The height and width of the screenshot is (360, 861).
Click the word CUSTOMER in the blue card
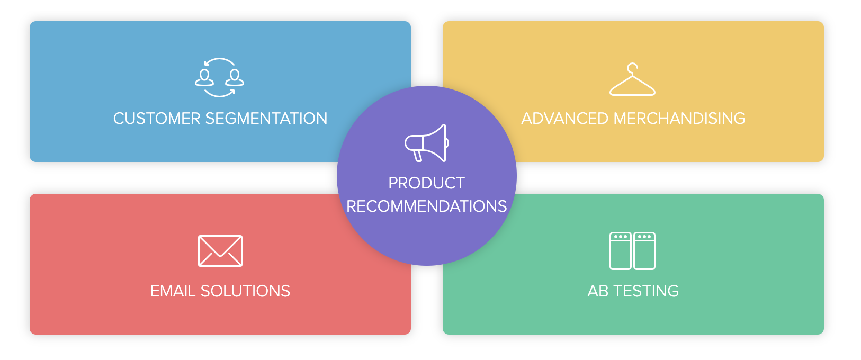tap(157, 119)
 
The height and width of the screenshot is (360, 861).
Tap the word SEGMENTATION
tap(266, 119)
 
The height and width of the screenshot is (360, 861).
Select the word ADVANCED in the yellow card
tap(564, 119)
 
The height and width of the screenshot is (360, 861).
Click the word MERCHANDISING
tap(679, 119)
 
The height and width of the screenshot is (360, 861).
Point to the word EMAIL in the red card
tap(173, 291)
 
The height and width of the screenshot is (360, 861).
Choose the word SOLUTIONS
tap(245, 291)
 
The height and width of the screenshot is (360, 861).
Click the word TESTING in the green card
tap(646, 291)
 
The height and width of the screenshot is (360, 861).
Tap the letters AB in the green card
tap(598, 291)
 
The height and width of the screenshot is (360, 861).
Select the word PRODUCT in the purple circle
tap(427, 183)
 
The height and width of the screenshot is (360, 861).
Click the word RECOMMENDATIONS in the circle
tap(427, 206)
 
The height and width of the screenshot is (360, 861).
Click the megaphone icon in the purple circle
tap(427, 143)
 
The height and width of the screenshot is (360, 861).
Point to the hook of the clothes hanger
tap(632, 64)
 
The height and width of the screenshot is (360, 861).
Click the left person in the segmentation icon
tap(204, 78)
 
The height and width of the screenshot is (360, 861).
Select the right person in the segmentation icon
tap(235, 78)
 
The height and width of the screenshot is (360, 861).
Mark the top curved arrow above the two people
tap(219, 59)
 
